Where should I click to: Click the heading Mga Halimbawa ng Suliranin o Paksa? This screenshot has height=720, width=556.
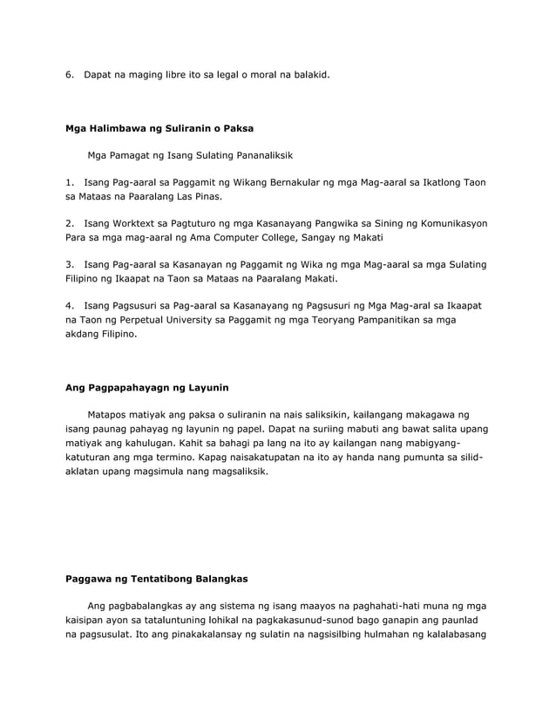coord(159,128)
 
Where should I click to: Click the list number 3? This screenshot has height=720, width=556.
coord(70,264)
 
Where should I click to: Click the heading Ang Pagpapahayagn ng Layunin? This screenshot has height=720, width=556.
coord(147,387)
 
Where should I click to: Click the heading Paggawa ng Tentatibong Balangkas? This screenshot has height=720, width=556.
coord(157,578)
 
